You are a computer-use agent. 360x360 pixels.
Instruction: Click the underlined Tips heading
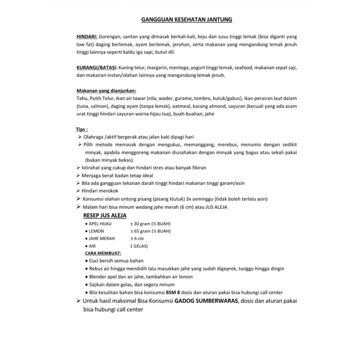pos(82,129)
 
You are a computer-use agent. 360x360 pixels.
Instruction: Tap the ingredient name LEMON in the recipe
pos(97,231)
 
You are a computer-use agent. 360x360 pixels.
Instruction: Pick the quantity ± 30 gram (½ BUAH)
pos(152,224)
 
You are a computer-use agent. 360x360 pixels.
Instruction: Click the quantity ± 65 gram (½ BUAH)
pos(152,231)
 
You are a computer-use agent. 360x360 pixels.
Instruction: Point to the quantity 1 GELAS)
pos(141,246)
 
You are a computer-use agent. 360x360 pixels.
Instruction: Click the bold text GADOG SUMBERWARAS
pos(207,301)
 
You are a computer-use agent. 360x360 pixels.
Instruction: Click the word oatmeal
pos(184,106)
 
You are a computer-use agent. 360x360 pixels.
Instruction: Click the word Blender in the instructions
pos(99,276)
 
